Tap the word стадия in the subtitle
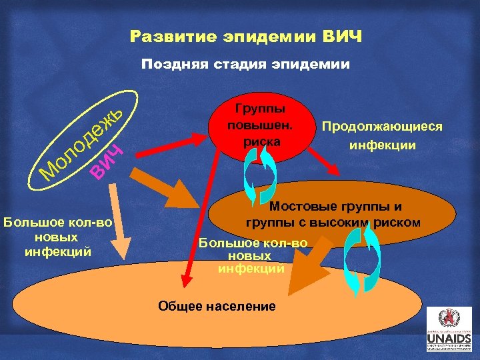[x=239, y=64]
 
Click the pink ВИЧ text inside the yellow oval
[x=107, y=162]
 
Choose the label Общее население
[x=217, y=306]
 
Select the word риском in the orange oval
[x=400, y=222]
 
